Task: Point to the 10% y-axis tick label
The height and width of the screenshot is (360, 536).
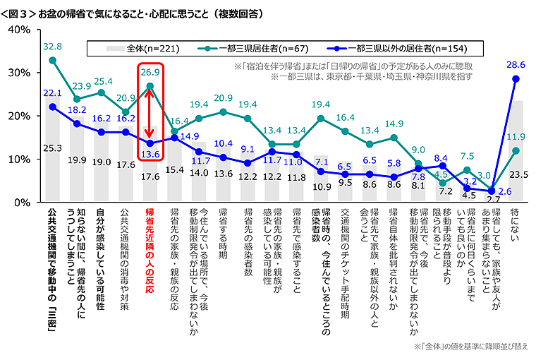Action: (17, 159)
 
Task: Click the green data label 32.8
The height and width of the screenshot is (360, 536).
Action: (53, 47)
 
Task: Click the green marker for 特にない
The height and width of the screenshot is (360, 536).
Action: (516, 150)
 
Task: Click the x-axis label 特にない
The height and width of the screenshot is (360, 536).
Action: (516, 224)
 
